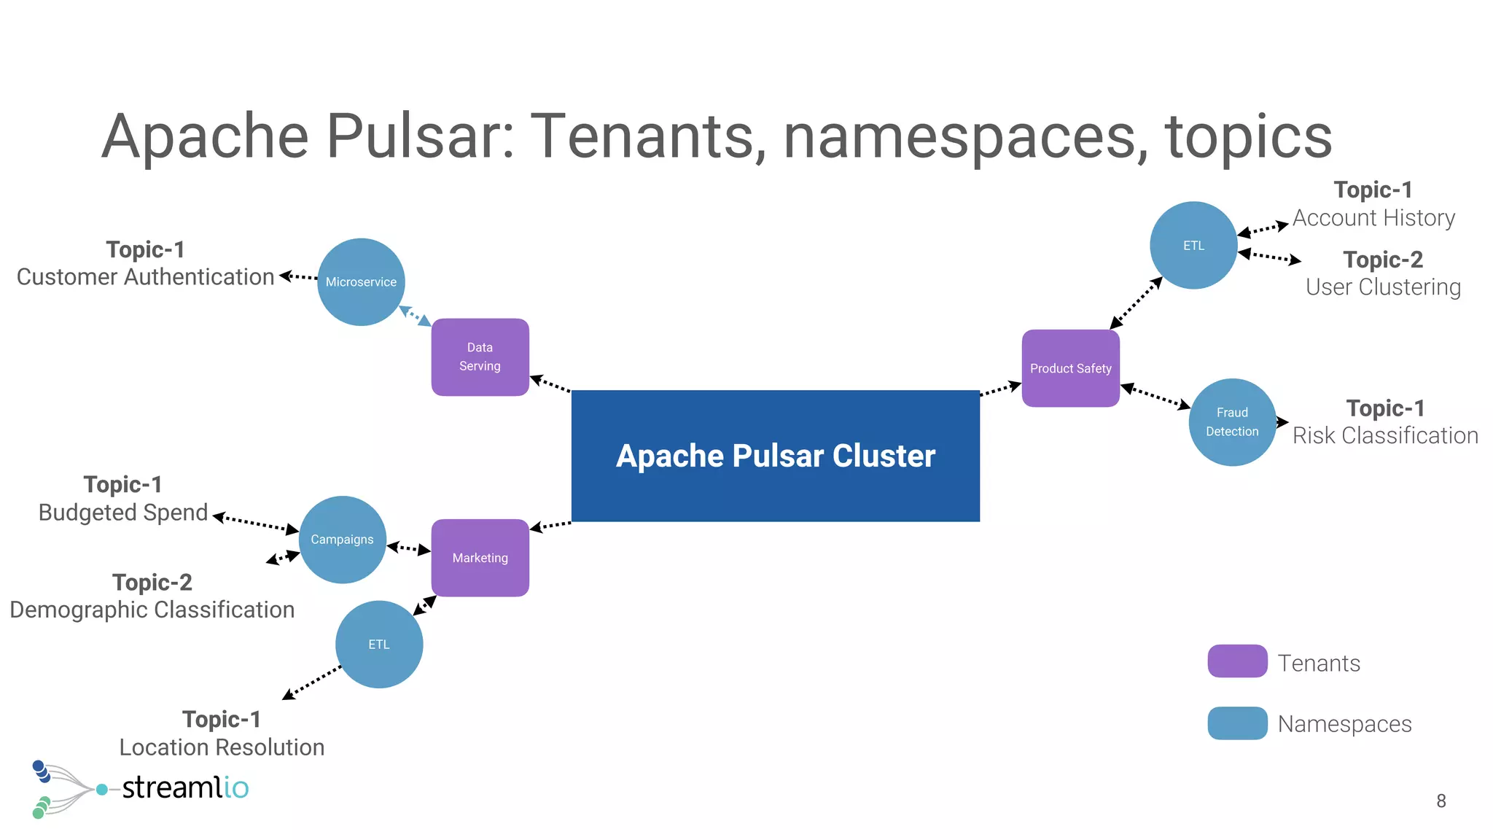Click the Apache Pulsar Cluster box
pyautogui.click(x=775, y=456)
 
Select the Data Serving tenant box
pyautogui.click(x=480, y=357)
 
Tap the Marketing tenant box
pyautogui.click(x=480, y=558)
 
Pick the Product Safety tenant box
pyautogui.click(x=1070, y=368)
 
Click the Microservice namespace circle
pyautogui.click(x=361, y=282)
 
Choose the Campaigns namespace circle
pyautogui.click(x=342, y=540)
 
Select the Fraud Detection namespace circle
pyautogui.click(x=1232, y=422)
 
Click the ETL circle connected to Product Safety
pyautogui.click(x=1193, y=246)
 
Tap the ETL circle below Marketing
pyautogui.click(x=378, y=645)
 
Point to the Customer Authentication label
pyautogui.click(x=145, y=277)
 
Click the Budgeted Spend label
pyautogui.click(x=123, y=513)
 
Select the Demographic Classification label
pyautogui.click(x=152, y=610)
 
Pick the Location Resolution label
pyautogui.click(x=222, y=747)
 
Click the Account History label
pyautogui.click(x=1373, y=217)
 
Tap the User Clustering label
pyautogui.click(x=1383, y=287)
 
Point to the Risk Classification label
pyautogui.click(x=1385, y=435)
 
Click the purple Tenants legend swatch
pyautogui.click(x=1237, y=661)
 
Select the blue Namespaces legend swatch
pyautogui.click(x=1237, y=723)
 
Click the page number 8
pyautogui.click(x=1441, y=801)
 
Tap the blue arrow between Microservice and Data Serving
pyautogui.click(x=416, y=316)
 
